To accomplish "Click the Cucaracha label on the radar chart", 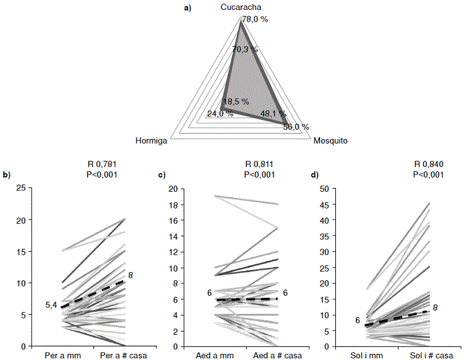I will pos(241,7).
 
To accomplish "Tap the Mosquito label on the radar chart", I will pos(330,140).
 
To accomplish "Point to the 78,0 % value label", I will pos(255,19).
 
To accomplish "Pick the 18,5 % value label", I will pos(236,101).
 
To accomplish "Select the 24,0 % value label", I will pos(220,114).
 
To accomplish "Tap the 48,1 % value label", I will pos(273,114).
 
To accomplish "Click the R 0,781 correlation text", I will pos(103,164).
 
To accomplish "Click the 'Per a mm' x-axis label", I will pos(61,355).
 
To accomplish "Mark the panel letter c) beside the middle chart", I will pos(161,175).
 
